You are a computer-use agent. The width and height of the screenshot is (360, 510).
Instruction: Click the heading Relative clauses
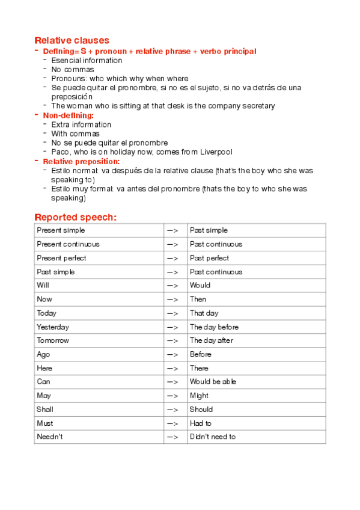[x=72, y=40]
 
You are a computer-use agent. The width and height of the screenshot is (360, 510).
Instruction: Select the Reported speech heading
[x=75, y=217]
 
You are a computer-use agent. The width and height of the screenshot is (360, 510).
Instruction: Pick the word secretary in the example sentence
[x=259, y=106]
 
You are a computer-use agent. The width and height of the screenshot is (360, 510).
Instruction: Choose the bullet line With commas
[x=76, y=134]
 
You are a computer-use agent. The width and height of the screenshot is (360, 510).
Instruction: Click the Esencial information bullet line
[x=87, y=60]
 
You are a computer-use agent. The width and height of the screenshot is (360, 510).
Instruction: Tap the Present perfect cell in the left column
[x=61, y=258]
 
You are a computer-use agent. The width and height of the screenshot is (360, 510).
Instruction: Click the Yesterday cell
[x=53, y=327]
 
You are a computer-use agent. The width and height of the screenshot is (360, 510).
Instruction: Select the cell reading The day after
[x=211, y=340]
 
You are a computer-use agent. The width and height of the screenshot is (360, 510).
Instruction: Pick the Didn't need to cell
[x=213, y=437]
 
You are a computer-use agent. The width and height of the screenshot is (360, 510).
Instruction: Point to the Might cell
[x=199, y=396]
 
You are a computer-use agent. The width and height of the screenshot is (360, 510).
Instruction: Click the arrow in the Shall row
[x=173, y=410]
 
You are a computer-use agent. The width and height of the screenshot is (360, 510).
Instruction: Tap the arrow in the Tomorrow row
[x=173, y=340]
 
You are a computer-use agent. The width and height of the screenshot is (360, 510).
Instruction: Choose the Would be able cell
[x=213, y=382]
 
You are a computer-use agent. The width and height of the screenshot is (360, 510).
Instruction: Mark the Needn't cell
[x=50, y=437]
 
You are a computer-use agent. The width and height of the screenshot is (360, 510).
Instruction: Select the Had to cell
[x=201, y=423]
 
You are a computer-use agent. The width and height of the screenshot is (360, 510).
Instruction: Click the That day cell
[x=204, y=313]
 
